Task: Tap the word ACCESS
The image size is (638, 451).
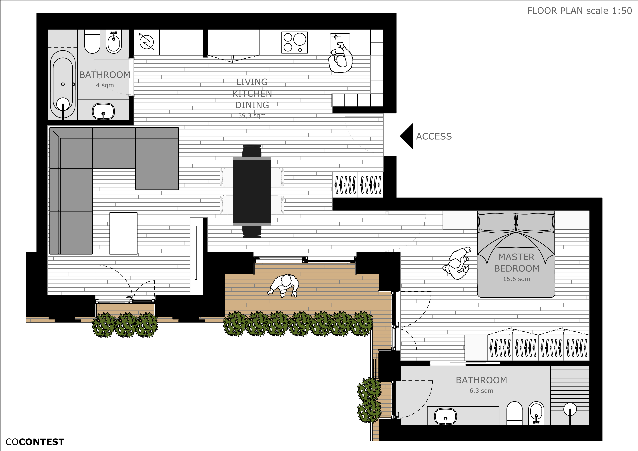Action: pyautogui.click(x=434, y=136)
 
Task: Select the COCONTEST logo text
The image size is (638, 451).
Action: pyautogui.click(x=35, y=442)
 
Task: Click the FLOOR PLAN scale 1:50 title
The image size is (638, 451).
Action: pyautogui.click(x=580, y=11)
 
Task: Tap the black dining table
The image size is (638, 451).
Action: pyautogui.click(x=252, y=191)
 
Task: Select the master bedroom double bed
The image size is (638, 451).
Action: pyautogui.click(x=516, y=254)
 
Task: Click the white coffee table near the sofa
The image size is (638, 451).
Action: pyautogui.click(x=123, y=234)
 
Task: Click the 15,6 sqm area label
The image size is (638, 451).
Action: pyautogui.click(x=517, y=279)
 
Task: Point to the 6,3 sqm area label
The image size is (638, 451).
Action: pyautogui.click(x=481, y=390)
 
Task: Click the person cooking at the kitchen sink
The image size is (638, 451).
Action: pyautogui.click(x=341, y=58)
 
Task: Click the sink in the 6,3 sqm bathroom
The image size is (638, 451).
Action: pyautogui.click(x=445, y=416)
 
